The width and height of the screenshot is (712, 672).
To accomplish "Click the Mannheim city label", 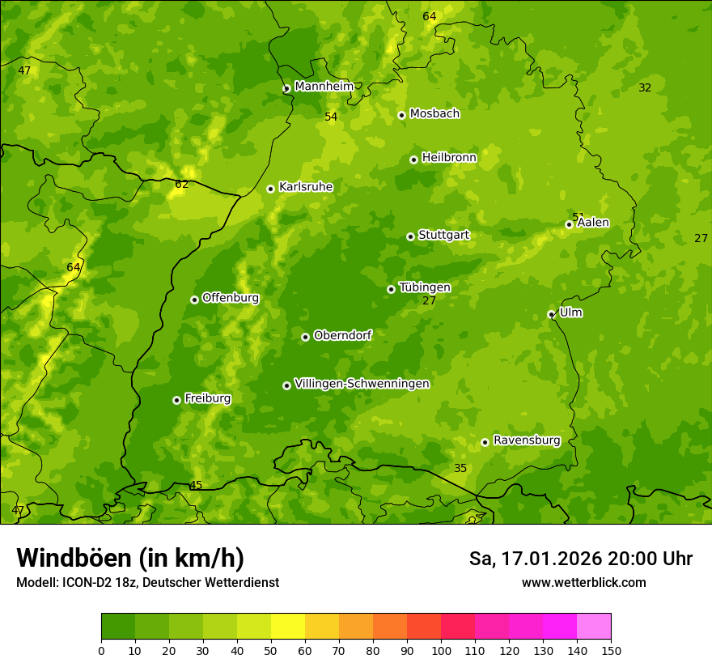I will [324, 87].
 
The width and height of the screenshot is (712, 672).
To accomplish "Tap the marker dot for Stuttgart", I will [410, 236].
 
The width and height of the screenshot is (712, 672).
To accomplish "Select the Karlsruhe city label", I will [305, 187].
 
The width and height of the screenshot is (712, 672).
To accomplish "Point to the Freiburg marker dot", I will [176, 400].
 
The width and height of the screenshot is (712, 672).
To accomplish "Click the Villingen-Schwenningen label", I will [362, 384].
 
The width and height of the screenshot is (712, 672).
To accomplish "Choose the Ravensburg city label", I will [526, 440].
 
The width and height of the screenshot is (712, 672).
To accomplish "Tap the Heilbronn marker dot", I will [413, 159].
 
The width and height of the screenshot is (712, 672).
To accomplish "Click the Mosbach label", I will [434, 114].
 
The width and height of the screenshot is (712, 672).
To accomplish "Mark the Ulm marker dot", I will [551, 314].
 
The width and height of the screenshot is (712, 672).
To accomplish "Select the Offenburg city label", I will [231, 298].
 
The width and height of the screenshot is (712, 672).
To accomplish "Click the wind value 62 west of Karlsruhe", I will [181, 185].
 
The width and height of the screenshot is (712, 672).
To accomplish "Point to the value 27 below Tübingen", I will [429, 300].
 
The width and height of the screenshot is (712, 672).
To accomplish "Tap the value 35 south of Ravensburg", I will [460, 469].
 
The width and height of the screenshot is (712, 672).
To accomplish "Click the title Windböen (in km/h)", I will [130, 558].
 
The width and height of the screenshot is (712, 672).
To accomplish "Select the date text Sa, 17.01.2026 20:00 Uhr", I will [580, 559].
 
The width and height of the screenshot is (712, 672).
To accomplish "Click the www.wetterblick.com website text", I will [583, 583].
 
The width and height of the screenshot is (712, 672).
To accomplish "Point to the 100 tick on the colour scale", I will [441, 650].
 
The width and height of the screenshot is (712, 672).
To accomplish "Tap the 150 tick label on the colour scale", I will [611, 650].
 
